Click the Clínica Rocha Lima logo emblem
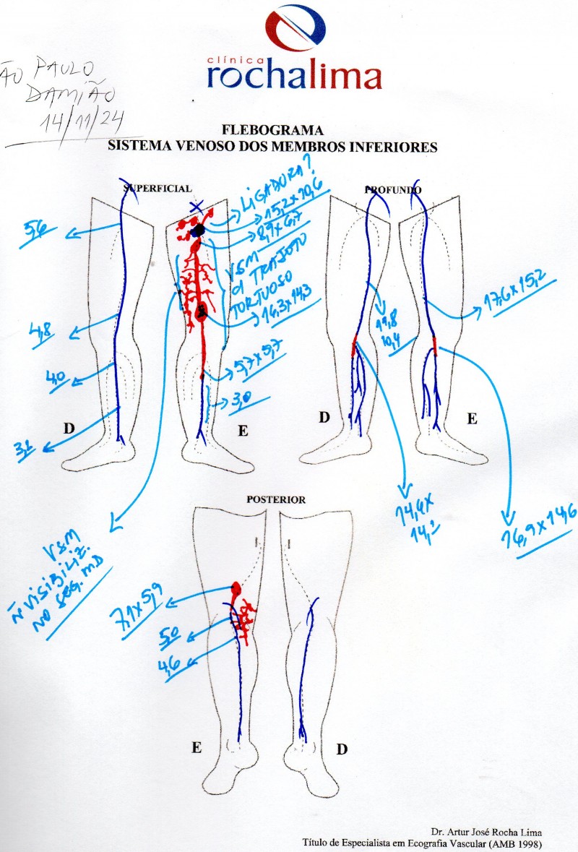click(x=296, y=30)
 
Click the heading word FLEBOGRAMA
click(x=272, y=132)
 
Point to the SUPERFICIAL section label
click(x=158, y=189)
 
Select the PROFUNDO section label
click(x=393, y=189)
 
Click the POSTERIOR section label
click(x=277, y=499)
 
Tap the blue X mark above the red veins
click(x=195, y=207)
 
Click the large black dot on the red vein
click(x=198, y=229)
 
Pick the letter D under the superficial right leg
click(x=69, y=428)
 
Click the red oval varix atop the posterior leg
click(x=236, y=589)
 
